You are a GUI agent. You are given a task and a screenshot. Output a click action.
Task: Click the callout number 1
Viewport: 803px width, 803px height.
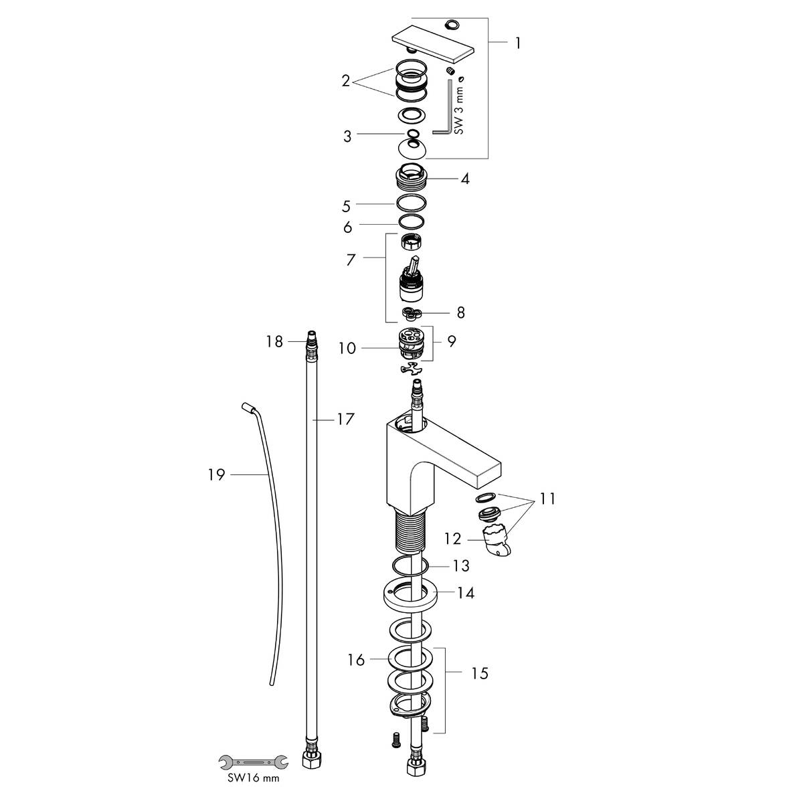coord(517,43)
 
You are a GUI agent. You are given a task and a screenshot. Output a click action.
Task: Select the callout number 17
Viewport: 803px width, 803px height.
coord(345,420)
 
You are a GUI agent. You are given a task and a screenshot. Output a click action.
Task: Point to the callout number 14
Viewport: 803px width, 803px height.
coord(466,592)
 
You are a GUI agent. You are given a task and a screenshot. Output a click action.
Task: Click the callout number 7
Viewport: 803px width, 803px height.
coord(350,260)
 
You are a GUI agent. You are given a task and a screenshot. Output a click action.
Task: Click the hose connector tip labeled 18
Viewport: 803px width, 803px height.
coord(310,339)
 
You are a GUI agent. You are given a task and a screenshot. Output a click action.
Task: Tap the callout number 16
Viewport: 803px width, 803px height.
coord(356,660)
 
